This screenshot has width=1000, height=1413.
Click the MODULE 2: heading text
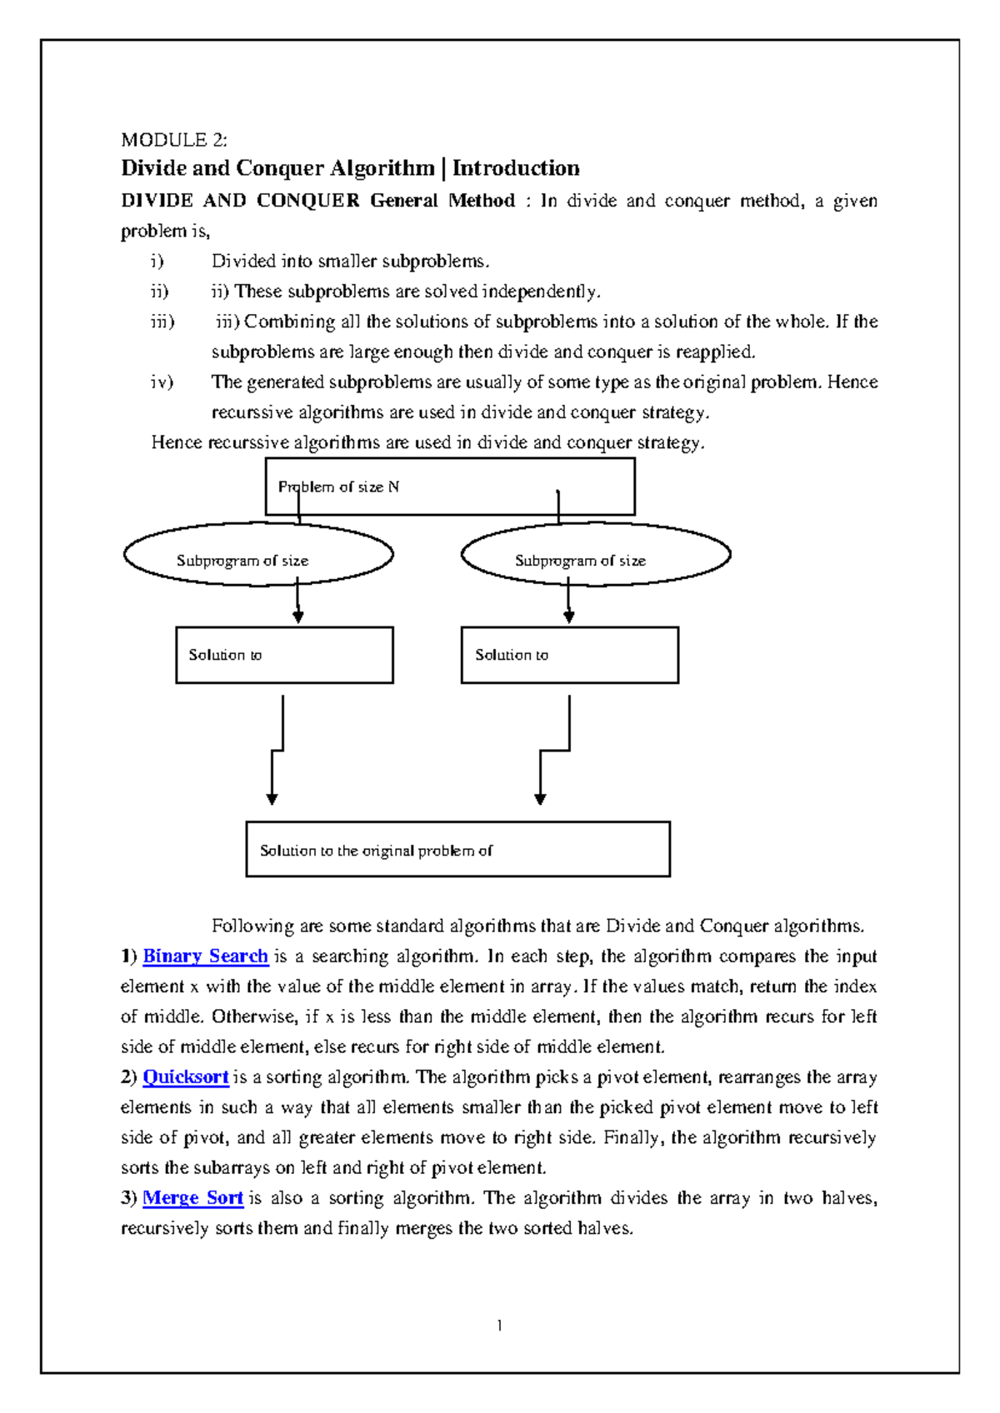tap(173, 139)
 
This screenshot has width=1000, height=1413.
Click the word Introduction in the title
tap(516, 168)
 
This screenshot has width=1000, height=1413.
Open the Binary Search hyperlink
tap(205, 956)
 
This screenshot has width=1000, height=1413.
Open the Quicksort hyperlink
tap(185, 1077)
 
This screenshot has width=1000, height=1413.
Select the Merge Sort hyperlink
tap(192, 1198)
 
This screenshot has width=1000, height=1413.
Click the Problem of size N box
tap(450, 487)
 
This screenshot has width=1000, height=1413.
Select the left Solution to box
tap(284, 656)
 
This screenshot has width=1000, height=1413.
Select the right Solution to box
tap(570, 656)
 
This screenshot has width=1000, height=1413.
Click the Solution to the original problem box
tap(457, 850)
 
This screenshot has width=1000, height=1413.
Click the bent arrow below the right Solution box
tap(555, 750)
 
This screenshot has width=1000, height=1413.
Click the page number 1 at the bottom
tap(499, 1326)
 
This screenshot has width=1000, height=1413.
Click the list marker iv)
tap(162, 382)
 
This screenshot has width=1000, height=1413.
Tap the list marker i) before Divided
tap(157, 262)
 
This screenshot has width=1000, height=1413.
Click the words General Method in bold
tap(442, 201)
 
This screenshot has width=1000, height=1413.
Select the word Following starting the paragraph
tap(252, 926)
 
